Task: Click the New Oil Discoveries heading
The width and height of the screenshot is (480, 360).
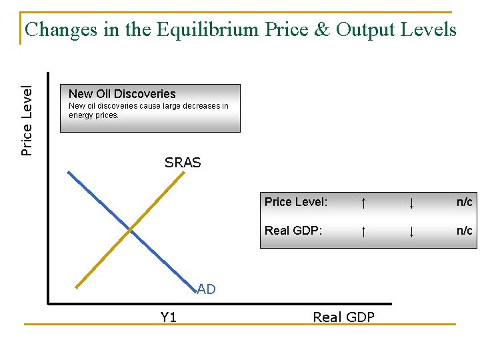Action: (122, 94)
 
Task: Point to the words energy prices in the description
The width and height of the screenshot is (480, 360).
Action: (94, 115)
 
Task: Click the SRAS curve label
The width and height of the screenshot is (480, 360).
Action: (183, 162)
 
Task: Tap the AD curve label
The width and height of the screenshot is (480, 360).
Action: (206, 289)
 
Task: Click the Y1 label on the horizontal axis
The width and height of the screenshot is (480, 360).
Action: (169, 317)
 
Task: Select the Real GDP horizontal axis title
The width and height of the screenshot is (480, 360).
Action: (343, 317)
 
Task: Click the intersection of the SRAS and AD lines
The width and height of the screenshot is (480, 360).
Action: (131, 231)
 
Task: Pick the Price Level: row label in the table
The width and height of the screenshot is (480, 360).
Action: (295, 202)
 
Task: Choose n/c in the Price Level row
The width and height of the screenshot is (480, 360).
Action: (464, 202)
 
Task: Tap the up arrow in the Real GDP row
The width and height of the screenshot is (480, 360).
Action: (363, 231)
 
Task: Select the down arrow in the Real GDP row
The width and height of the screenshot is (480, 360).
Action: (412, 231)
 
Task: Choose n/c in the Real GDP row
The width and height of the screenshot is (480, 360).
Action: (464, 231)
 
